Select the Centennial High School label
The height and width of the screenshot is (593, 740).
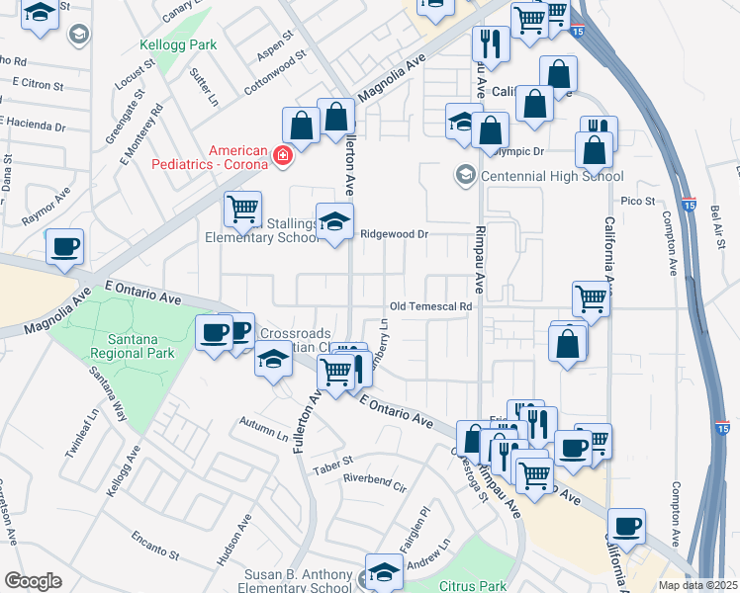(552, 176)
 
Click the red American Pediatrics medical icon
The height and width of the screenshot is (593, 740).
(282, 156)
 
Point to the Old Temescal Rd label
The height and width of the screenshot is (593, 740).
(430, 306)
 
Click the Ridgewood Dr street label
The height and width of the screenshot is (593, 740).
(394, 234)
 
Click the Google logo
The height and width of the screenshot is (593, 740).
(33, 581)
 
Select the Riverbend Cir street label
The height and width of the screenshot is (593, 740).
(375, 485)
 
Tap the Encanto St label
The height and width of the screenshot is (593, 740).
(153, 546)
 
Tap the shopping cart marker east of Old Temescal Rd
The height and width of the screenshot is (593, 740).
(591, 296)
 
